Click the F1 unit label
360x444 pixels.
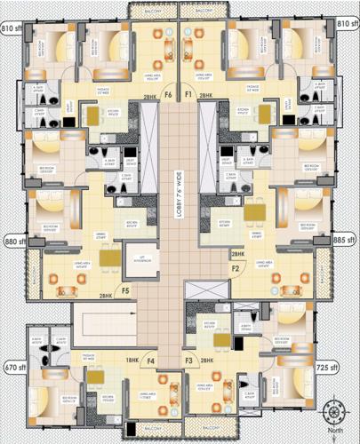pos(188,93)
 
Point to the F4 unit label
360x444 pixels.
pos(151,361)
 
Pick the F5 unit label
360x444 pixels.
pos(125,289)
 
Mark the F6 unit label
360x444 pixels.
pos(166,93)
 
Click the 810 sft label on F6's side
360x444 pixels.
pos(12,29)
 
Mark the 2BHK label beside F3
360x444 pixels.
pos(209,361)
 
